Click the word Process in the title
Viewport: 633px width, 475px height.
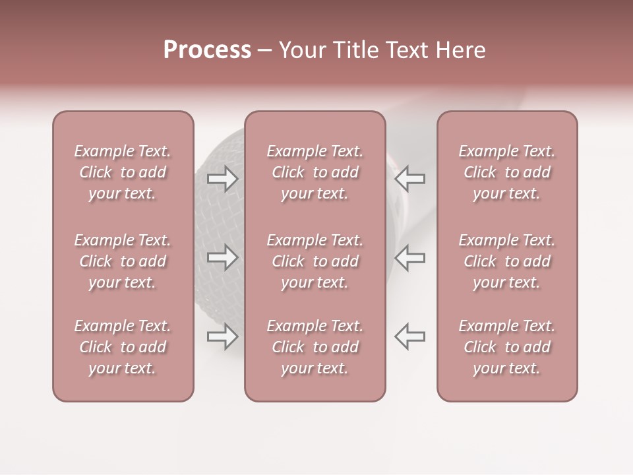[x=207, y=50]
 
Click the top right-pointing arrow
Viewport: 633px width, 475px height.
[x=223, y=179]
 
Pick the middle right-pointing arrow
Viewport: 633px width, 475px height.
[x=223, y=257]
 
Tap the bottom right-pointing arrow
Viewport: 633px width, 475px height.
[x=223, y=336]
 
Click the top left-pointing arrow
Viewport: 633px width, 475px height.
[x=410, y=179]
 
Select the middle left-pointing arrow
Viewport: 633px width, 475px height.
[x=410, y=257]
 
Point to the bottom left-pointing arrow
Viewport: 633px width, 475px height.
[x=410, y=336]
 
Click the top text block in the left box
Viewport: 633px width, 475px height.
[x=123, y=172]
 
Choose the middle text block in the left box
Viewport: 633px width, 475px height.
[x=123, y=261]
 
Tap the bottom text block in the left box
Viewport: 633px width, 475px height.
[x=123, y=347]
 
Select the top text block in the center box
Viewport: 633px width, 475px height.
[x=315, y=172]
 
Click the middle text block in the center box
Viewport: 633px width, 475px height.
[x=315, y=261]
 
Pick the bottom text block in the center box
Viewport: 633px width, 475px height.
[x=315, y=347]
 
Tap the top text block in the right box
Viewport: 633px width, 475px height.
[x=506, y=172]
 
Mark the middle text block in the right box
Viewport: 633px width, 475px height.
[x=506, y=261]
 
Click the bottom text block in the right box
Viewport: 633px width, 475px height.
[x=506, y=347]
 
